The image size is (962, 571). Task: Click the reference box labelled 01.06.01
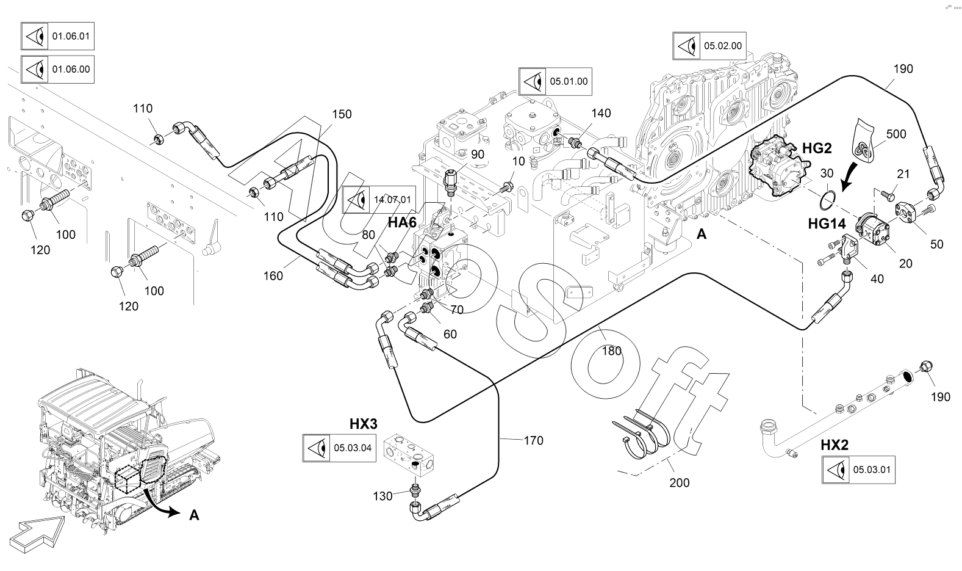click(57, 37)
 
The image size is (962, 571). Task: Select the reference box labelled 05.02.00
click(709, 46)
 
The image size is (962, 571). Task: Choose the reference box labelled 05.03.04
click(339, 448)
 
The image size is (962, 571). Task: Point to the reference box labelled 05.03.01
click(859, 470)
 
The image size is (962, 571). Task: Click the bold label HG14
click(827, 224)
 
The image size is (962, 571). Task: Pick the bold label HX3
click(363, 424)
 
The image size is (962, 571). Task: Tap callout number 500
click(896, 134)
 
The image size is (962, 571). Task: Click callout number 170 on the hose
click(533, 440)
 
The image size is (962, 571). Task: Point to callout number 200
click(679, 482)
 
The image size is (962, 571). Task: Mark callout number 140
click(600, 113)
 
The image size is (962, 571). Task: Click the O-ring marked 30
click(828, 198)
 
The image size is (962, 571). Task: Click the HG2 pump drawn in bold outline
click(777, 165)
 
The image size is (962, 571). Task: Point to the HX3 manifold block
click(412, 455)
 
